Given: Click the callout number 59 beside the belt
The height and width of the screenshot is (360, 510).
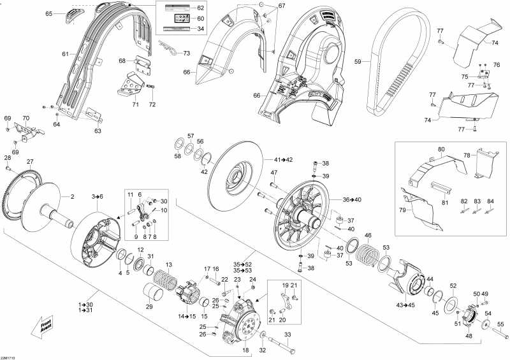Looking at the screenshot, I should coord(358,62).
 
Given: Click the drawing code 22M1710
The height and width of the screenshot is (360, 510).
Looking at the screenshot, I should coord(9,357).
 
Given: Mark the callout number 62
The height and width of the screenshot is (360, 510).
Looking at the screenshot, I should coord(200,8).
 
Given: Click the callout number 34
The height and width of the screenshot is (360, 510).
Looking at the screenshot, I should coord(200,29).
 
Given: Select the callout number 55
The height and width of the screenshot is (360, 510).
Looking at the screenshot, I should coord(500,324).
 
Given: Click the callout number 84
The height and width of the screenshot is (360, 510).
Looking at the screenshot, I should coord(490,201).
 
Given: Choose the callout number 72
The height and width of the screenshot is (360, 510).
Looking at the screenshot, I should coord(152,104).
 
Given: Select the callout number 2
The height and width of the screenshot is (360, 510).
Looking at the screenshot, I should coord(72,196).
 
